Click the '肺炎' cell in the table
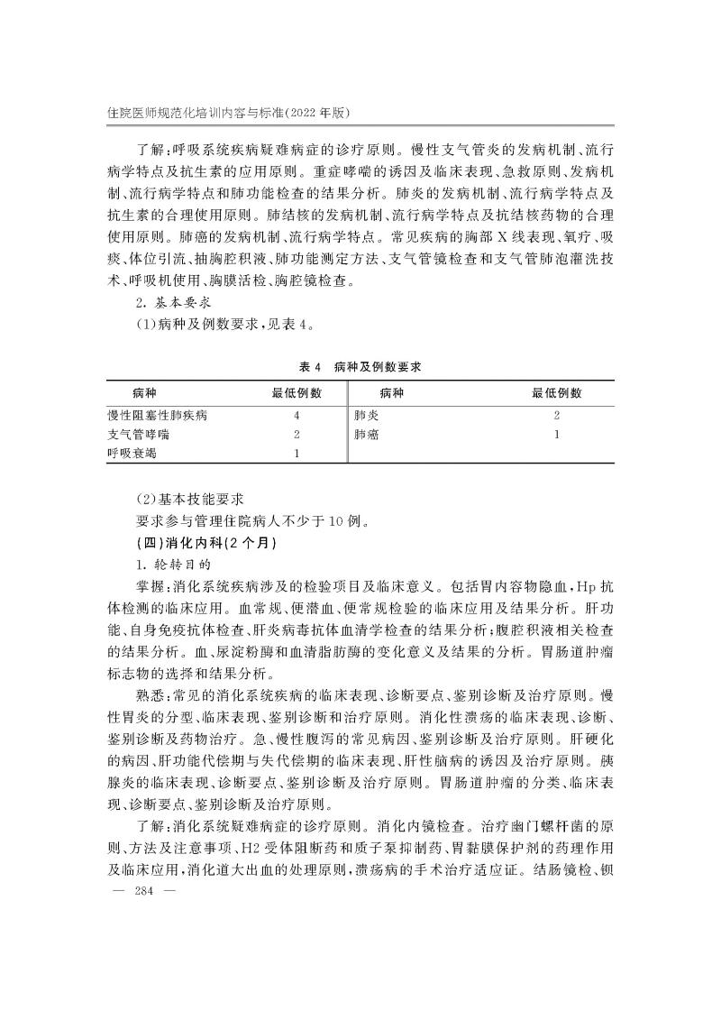click(x=367, y=416)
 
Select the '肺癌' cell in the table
click(x=367, y=434)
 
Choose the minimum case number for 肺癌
click(x=557, y=434)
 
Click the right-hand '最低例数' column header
click(x=556, y=393)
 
